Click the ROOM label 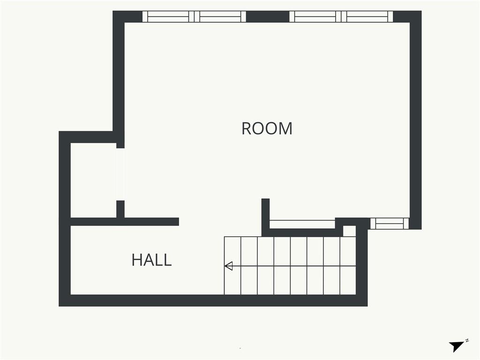pyautogui.click(x=267, y=128)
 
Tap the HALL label pyautogui.click(x=151, y=260)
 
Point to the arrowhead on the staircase pyautogui.click(x=229, y=266)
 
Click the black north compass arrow pyautogui.click(x=457, y=346)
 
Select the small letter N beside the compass pyautogui.click(x=467, y=340)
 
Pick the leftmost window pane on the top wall pyautogui.click(x=168, y=16)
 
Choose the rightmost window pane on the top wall pyautogui.click(x=367, y=16)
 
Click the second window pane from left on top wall pyautogui.click(x=220, y=16)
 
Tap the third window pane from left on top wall pyautogui.click(x=315, y=16)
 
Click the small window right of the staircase pyautogui.click(x=390, y=224)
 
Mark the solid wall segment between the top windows pyautogui.click(x=268, y=16)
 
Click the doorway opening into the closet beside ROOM pyautogui.click(x=120, y=174)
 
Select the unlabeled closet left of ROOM pyautogui.click(x=93, y=180)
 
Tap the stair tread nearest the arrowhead pyautogui.click(x=232, y=265)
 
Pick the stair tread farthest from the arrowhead pyautogui.click(x=348, y=265)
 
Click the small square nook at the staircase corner pyautogui.click(x=349, y=231)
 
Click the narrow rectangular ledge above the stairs pyautogui.click(x=302, y=224)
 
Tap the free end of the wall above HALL pyautogui.click(x=179, y=222)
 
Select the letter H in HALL pyautogui.click(x=137, y=260)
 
